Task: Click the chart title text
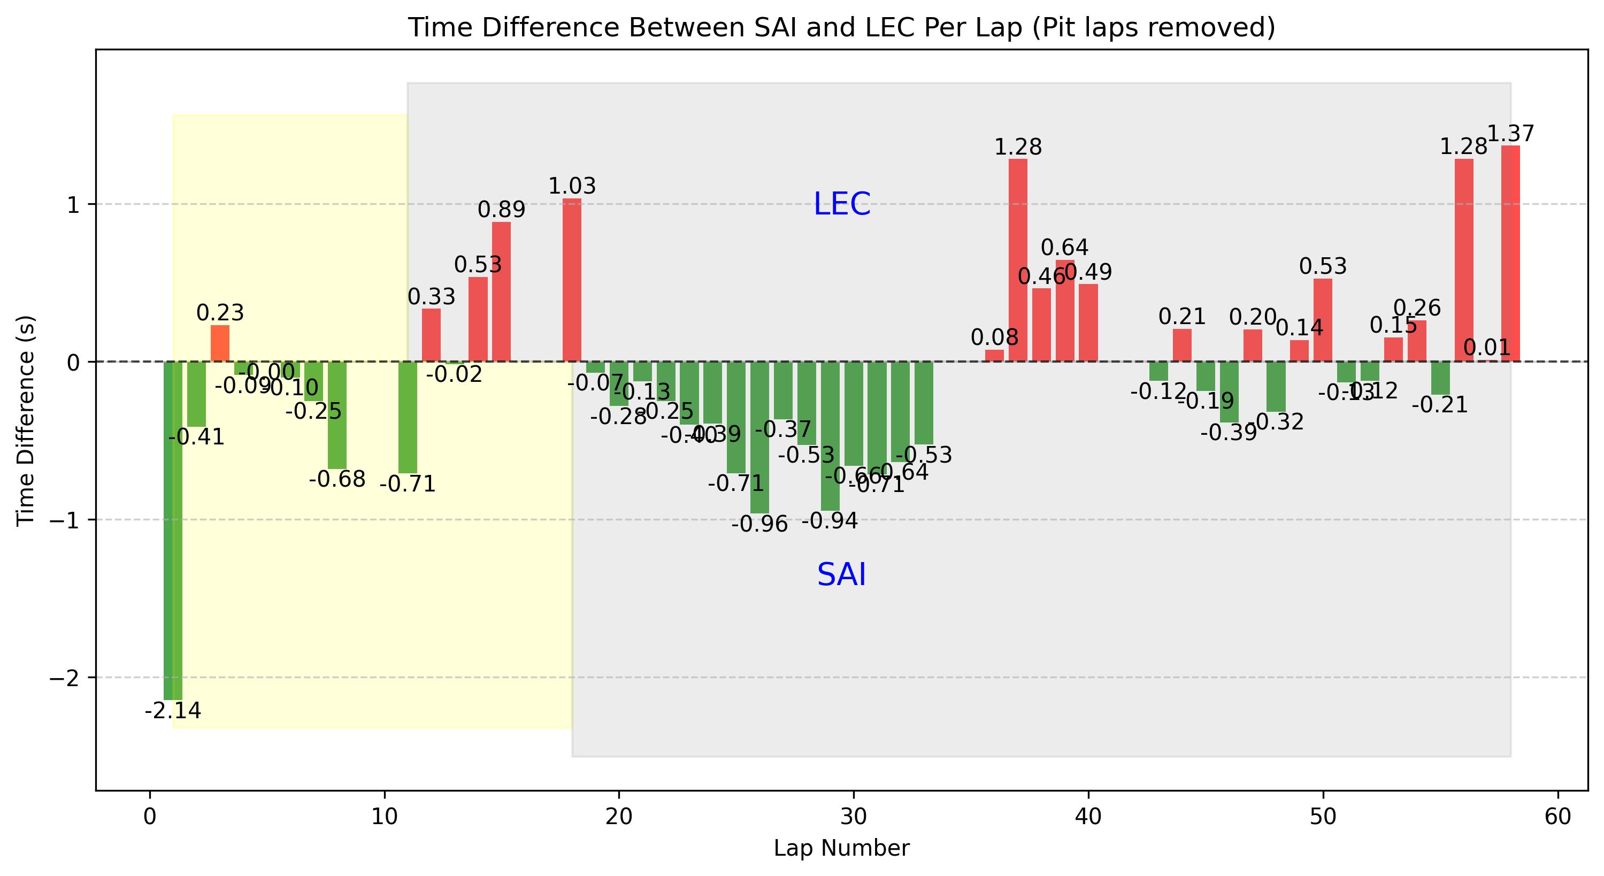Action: (x=841, y=28)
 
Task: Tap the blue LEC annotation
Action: (x=842, y=204)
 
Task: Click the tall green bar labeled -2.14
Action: (x=172, y=529)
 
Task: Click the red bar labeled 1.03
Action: (x=572, y=280)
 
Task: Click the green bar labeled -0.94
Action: (x=830, y=436)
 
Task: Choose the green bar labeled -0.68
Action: (x=337, y=414)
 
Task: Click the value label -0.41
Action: (x=196, y=437)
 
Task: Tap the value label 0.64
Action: (x=1064, y=248)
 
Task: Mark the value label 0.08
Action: (x=994, y=337)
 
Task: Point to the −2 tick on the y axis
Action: (x=65, y=678)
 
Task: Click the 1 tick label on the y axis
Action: (x=72, y=205)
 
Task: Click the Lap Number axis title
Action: (x=841, y=848)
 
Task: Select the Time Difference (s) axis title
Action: (x=26, y=420)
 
